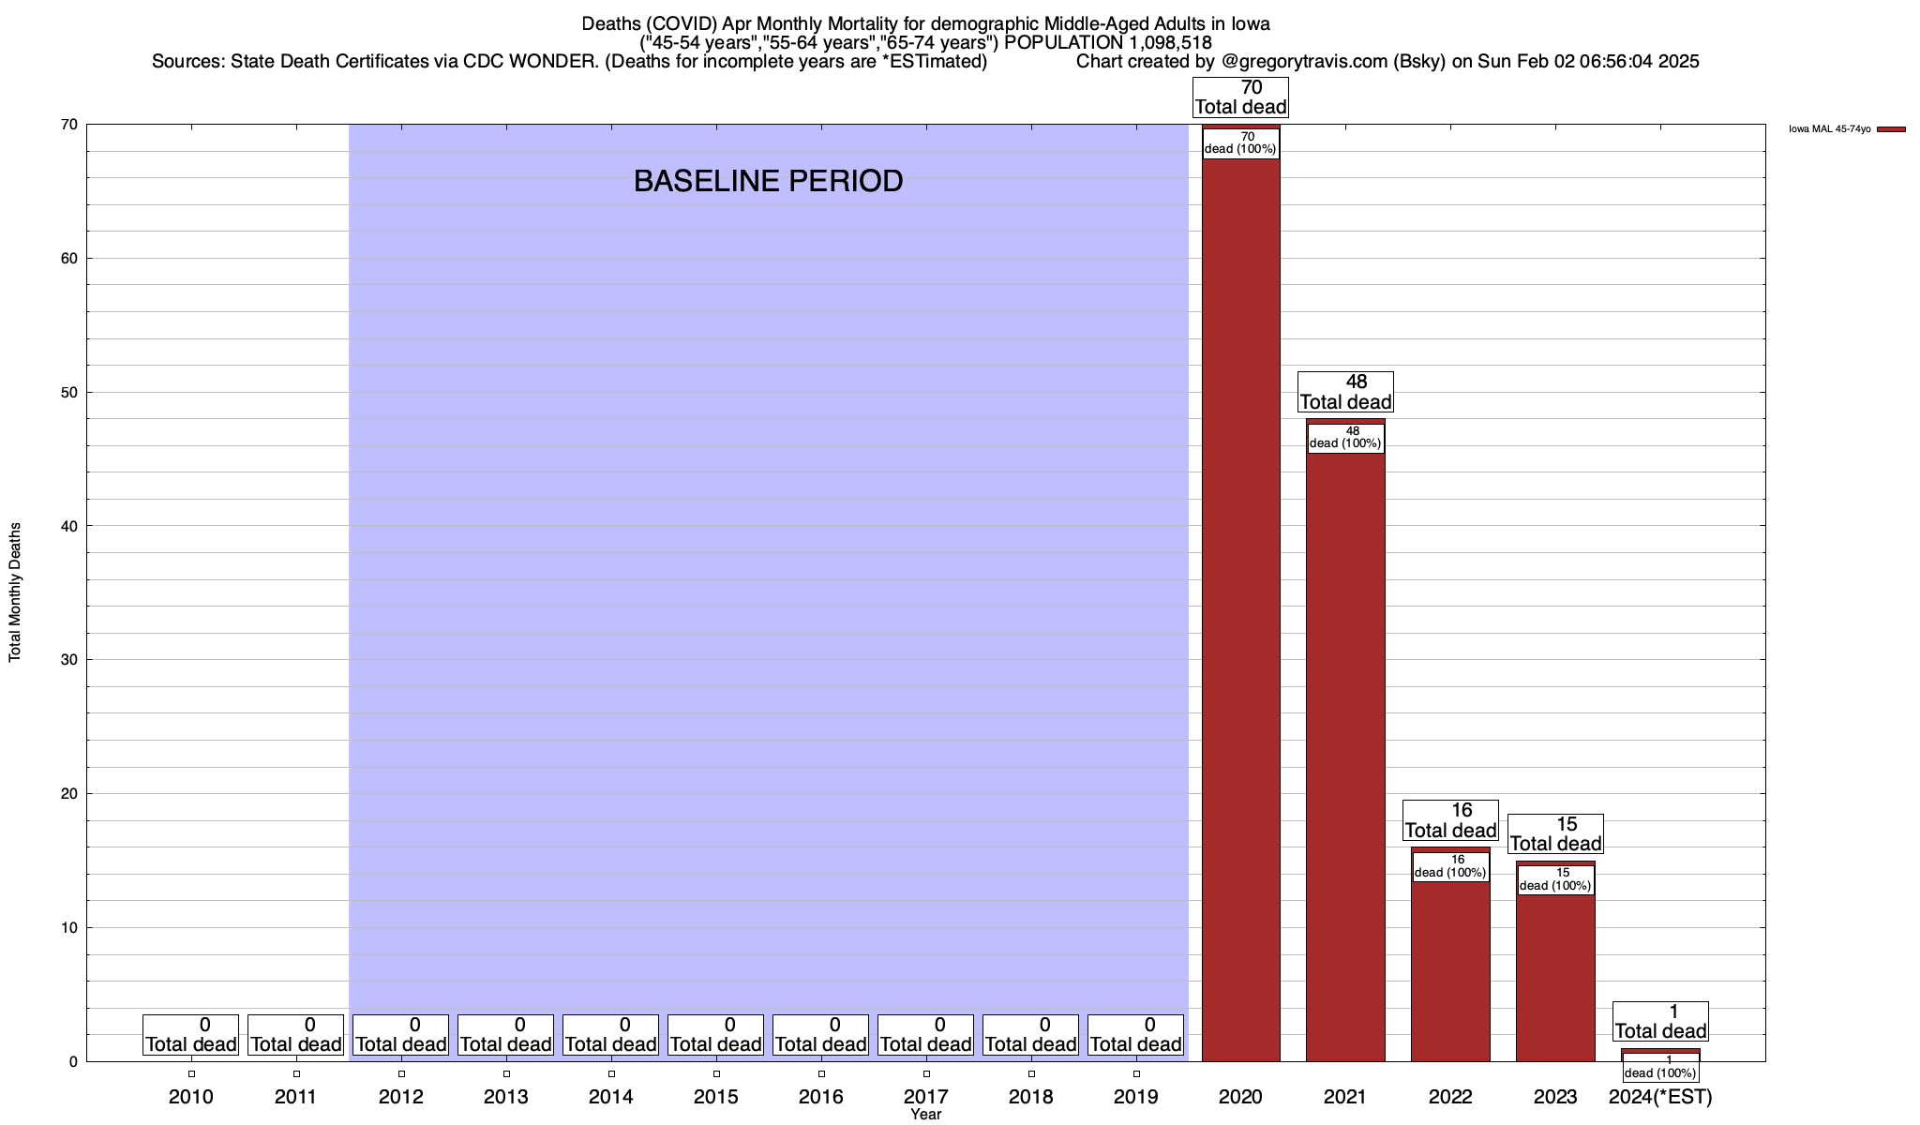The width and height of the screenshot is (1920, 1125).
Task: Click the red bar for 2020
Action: tap(1240, 609)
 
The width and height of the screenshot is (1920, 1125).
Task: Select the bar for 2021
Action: tap(1345, 750)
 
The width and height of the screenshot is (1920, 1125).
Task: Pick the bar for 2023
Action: tap(1555, 975)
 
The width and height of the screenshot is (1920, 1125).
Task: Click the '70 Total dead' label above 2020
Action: tap(1240, 97)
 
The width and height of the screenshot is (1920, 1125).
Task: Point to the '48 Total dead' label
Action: tap(1345, 392)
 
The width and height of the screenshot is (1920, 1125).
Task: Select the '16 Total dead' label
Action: tap(1450, 820)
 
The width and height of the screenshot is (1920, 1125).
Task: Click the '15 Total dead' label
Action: tap(1555, 834)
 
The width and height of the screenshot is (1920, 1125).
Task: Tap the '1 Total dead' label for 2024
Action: tap(1660, 1022)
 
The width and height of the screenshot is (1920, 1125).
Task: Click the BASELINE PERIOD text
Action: tap(768, 181)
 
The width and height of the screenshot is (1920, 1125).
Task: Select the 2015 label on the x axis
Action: tap(716, 1097)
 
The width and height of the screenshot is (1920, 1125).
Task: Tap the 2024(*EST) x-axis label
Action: tap(1660, 1097)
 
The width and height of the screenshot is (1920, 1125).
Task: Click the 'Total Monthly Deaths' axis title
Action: tap(15, 592)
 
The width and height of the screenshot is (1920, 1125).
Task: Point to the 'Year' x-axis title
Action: tap(925, 1115)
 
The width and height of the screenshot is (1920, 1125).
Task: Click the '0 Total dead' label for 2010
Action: tap(191, 1035)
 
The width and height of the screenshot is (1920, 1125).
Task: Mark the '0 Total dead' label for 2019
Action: tap(1135, 1035)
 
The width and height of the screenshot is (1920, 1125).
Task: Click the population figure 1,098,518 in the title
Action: tap(1157, 43)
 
